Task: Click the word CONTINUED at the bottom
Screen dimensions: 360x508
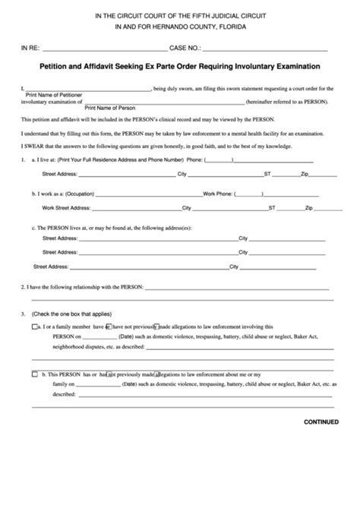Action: [x=321, y=422]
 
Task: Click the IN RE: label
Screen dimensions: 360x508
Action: [x=30, y=47]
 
